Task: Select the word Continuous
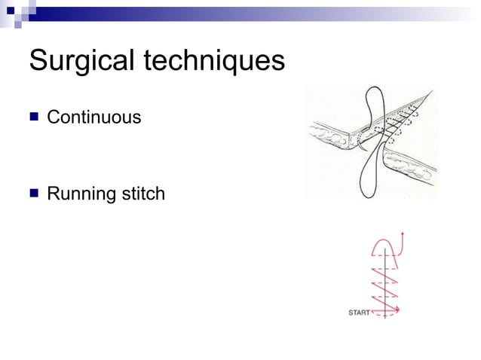[x=93, y=117]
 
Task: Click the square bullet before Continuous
[x=33, y=117]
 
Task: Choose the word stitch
[x=141, y=194]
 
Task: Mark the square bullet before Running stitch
[x=33, y=194]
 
